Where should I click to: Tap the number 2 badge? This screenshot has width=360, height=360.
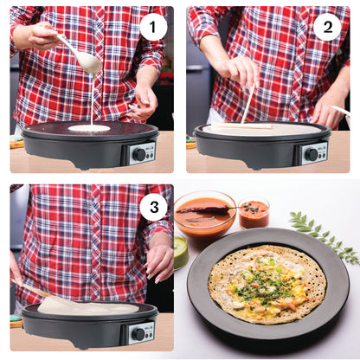[x=326, y=26]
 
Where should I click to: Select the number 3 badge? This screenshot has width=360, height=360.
[x=153, y=206]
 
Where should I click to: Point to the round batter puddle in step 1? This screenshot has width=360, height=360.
[x=89, y=128]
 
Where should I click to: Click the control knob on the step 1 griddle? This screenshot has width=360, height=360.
[x=138, y=154]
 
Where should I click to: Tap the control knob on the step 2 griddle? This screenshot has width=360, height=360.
[x=312, y=154]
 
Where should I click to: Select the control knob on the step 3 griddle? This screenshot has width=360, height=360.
[x=138, y=333]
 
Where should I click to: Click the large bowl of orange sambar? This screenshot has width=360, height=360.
[x=204, y=214]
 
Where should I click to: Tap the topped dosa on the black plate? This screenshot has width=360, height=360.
[x=267, y=283]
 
